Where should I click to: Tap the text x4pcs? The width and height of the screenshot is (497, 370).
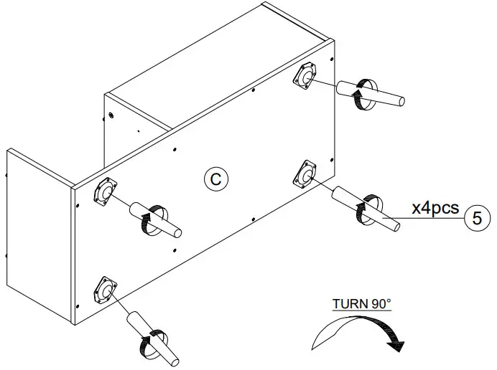click(x=435, y=208)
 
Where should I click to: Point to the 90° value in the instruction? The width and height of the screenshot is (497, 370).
click(x=381, y=303)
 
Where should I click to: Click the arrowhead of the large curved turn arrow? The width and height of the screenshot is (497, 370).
click(x=394, y=345)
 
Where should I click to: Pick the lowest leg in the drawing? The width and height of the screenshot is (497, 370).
click(x=154, y=336)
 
